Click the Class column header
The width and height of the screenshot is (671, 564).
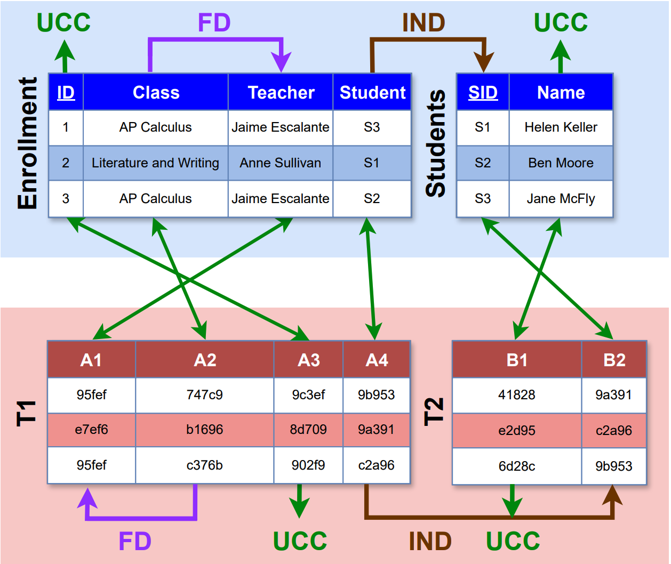point(156,92)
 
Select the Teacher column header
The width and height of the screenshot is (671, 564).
point(281,92)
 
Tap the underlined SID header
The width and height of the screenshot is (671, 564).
point(483,92)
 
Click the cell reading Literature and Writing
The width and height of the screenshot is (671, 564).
point(155,163)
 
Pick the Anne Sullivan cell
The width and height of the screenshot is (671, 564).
point(281,163)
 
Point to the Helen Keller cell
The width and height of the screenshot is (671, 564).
point(561,127)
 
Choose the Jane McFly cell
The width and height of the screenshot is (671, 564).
point(561,198)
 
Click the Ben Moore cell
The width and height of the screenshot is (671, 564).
point(561,163)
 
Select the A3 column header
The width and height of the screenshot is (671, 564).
point(308,360)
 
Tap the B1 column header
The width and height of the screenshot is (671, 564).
point(516,360)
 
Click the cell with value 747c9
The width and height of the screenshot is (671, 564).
point(204,394)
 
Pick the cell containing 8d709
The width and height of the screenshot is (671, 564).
point(308,429)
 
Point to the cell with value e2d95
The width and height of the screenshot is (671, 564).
point(516,430)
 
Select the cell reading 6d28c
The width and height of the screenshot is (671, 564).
point(516,466)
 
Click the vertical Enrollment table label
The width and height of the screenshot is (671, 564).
point(28,143)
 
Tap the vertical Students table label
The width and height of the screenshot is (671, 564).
point(436,143)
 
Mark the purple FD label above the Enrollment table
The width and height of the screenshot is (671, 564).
point(214,23)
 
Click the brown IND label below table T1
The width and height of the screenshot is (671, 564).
point(430,542)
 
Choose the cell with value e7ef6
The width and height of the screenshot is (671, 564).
point(91,429)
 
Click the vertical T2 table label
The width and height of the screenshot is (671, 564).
point(434,411)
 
